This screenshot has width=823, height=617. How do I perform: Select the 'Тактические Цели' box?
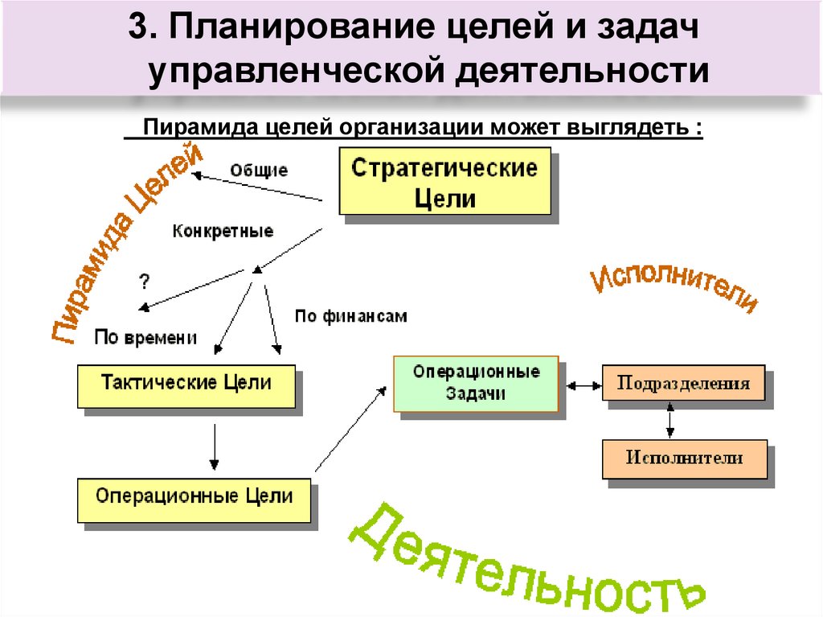pos(186,385)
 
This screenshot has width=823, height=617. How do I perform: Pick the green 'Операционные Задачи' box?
pos(476,383)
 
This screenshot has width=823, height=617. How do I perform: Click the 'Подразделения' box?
pos(684,382)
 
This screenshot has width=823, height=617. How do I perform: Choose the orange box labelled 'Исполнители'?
pos(684,459)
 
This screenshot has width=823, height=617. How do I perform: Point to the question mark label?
pos(145,281)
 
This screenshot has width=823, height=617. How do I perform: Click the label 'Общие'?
pos(259,170)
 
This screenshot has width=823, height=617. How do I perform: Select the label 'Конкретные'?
pos(223,231)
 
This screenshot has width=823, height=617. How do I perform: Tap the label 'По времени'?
pos(145,337)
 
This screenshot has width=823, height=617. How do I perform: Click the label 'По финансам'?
pos(350,316)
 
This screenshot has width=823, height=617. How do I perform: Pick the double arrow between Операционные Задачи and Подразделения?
pos(583,385)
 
